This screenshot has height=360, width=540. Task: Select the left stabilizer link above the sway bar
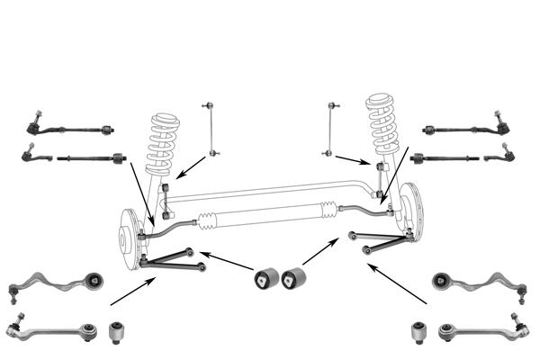[211, 130]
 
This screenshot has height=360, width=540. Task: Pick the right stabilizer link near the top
[330, 131]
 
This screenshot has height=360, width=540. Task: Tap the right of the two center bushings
[293, 278]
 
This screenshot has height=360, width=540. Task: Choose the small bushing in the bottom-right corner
[418, 332]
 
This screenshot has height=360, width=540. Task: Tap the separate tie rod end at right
[499, 158]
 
